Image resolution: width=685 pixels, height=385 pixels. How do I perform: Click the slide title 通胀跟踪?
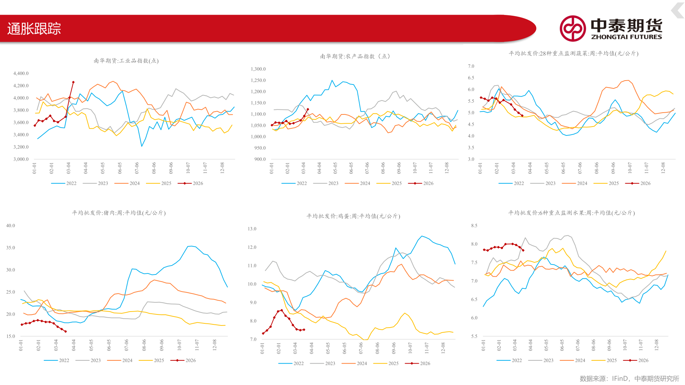(34, 29)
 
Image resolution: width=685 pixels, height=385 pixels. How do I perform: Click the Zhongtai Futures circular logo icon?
(573, 29)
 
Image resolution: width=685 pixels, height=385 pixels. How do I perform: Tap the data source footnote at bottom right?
(629, 379)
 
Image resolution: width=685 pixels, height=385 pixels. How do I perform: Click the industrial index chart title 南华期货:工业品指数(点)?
(126, 61)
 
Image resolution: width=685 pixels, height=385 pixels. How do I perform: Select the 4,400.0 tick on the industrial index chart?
(21, 73)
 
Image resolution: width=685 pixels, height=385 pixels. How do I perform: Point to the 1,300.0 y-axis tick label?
(258, 69)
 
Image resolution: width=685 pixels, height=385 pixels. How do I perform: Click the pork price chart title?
(119, 213)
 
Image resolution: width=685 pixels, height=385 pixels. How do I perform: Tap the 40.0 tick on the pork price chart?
(11, 226)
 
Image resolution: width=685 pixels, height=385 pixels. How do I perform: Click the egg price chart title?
(353, 216)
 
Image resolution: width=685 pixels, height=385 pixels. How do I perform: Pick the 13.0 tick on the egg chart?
(252, 229)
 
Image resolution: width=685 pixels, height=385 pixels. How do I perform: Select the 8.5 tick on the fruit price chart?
(474, 226)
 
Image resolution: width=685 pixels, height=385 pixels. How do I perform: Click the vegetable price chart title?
(574, 53)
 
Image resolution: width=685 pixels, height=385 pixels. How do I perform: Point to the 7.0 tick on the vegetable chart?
(471, 66)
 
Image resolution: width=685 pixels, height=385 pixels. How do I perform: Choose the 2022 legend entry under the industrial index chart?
(64, 183)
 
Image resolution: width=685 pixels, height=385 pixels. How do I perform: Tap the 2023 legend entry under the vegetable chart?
(543, 183)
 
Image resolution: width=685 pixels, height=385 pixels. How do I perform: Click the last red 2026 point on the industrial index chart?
(73, 82)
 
